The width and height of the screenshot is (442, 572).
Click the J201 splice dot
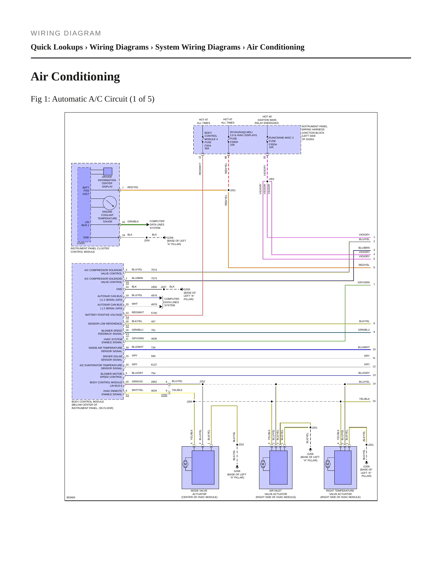pyautogui.click(x=228, y=190)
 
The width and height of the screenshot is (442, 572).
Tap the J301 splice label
pyautogui.click(x=272, y=179)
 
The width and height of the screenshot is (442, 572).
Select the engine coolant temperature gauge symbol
pyautogui.click(x=110, y=203)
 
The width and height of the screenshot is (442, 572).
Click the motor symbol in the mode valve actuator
pyautogui.click(x=185, y=464)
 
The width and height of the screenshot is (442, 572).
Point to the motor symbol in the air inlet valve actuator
pyautogui.click(x=263, y=464)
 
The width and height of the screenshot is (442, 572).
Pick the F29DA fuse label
pyautogui.click(x=234, y=142)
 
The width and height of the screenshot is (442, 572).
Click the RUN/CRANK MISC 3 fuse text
pyautogui.click(x=281, y=138)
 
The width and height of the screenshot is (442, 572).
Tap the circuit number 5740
pyautogui.click(x=154, y=313)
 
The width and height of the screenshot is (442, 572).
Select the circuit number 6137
pyautogui.click(x=154, y=365)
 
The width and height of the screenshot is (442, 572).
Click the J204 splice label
pyautogui.click(x=147, y=240)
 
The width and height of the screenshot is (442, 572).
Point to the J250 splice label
pyautogui.click(x=189, y=402)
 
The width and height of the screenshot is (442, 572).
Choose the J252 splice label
pyautogui.click(x=202, y=381)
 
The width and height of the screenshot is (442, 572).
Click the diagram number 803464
pyautogui.click(x=71, y=497)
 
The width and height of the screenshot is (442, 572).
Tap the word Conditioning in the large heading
pyautogui.click(x=86, y=76)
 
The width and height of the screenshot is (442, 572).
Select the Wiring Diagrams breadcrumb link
pyautogui.click(x=119, y=47)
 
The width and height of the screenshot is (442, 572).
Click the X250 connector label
pyautogui.click(x=164, y=395)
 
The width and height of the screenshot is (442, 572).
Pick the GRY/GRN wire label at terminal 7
pyautogui.click(x=364, y=282)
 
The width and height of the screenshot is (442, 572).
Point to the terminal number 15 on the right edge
pyautogui.click(x=374, y=401)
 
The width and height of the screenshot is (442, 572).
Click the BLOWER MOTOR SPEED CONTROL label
pyautogui.click(x=111, y=375)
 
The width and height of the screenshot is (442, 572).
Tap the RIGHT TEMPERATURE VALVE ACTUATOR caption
pyautogui.click(x=340, y=494)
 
